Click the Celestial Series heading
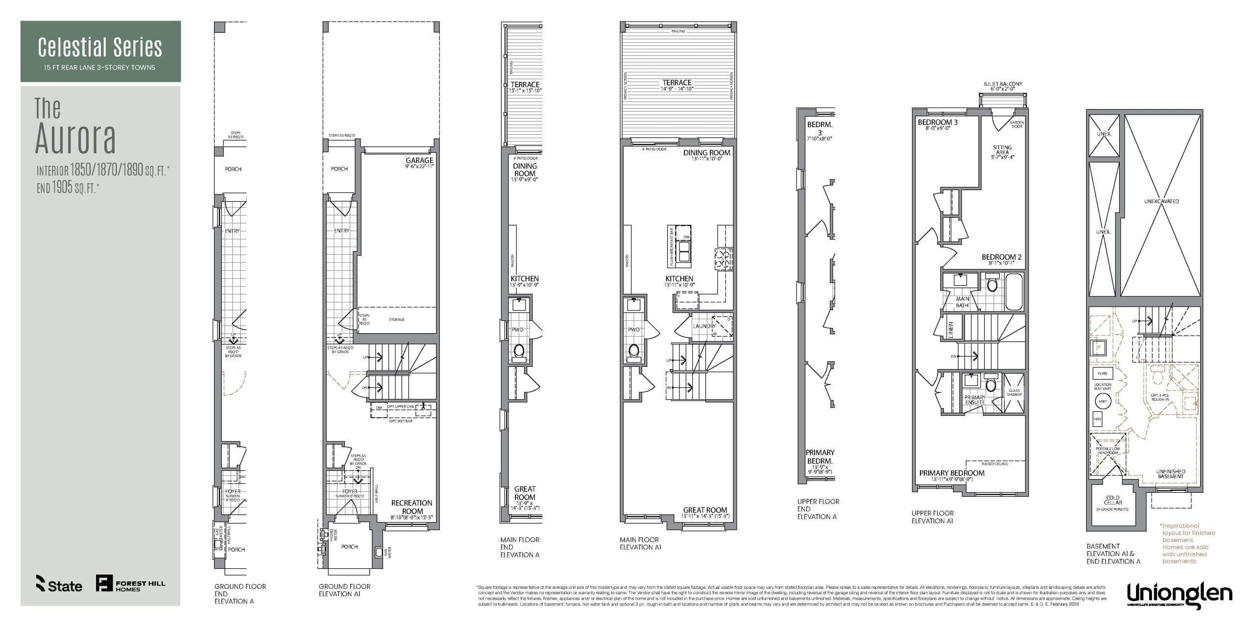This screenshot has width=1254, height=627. click(x=100, y=48)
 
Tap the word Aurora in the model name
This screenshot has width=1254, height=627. click(x=75, y=139)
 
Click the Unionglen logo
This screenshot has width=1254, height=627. click(x=1179, y=594)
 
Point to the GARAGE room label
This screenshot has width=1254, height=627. click(x=419, y=161)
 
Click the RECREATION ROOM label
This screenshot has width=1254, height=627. click(x=411, y=507)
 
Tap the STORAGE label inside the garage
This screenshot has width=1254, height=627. click(x=397, y=320)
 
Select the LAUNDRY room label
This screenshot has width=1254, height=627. click(x=704, y=326)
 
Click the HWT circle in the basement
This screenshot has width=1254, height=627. click(x=1103, y=402)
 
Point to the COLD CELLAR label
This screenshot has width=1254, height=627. click(x=1113, y=500)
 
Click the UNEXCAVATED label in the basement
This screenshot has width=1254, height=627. click(x=1161, y=201)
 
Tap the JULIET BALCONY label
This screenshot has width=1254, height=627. click(x=1003, y=84)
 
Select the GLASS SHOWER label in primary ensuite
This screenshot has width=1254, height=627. click(x=1014, y=393)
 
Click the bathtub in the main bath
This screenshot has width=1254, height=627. click(x=1014, y=292)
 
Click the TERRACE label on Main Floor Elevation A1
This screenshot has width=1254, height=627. click(x=677, y=83)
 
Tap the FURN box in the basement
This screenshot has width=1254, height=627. click(x=1102, y=374)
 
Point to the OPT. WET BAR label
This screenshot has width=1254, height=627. click(x=401, y=421)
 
